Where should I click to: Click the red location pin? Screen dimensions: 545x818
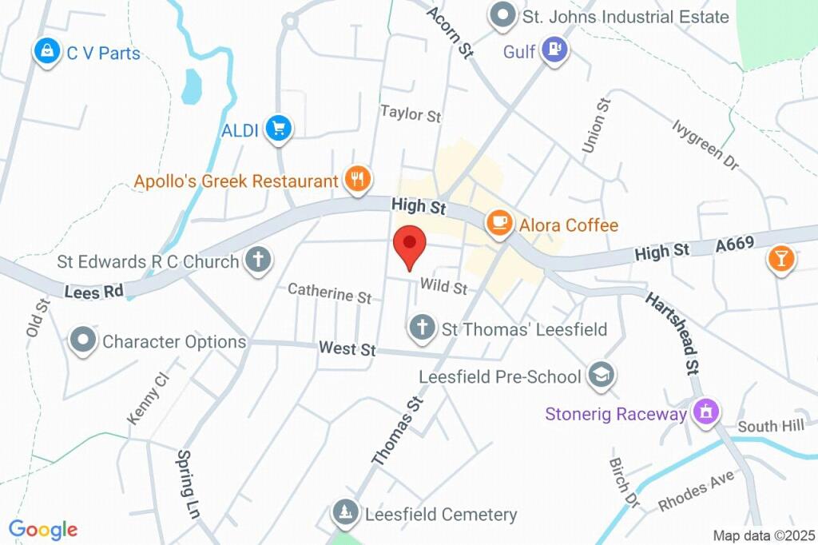coord(410,245)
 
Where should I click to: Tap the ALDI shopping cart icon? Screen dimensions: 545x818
coord(279,128)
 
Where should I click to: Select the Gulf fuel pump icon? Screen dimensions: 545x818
coord(554,50)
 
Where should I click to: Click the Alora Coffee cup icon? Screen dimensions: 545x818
coord(500,223)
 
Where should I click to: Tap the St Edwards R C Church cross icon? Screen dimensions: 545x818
coord(258,260)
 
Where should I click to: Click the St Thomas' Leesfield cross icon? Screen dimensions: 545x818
coord(422,327)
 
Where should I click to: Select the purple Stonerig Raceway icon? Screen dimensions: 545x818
coord(705,412)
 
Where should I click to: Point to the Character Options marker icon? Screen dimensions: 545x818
coord(83,340)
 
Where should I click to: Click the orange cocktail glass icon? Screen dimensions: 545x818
coord(780,258)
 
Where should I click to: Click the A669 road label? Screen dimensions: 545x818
coord(735,245)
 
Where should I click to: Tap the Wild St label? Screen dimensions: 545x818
coord(443,285)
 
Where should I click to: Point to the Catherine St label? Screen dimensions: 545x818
coord(329,292)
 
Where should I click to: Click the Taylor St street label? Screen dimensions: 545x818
coord(410,114)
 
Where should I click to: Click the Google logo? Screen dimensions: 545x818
coord(43,529)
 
